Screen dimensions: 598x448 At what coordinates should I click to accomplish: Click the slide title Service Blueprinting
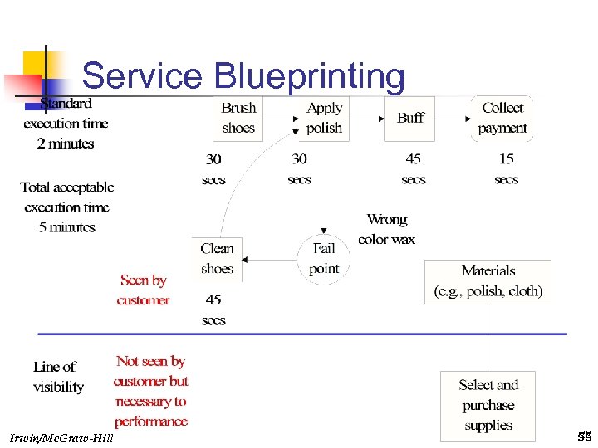243,76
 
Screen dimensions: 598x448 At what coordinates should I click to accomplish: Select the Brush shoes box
238,118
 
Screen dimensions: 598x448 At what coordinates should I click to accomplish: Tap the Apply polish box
324,118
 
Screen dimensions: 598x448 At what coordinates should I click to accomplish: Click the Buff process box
410,118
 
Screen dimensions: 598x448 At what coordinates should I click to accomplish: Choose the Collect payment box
502,118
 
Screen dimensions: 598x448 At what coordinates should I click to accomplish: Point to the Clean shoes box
217,258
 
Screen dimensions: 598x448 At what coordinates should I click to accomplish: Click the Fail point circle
324,258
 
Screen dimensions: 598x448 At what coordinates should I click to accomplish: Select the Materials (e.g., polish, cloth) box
488,281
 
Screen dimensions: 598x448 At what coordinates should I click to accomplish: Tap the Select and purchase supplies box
488,405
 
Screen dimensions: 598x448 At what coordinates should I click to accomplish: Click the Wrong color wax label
386,230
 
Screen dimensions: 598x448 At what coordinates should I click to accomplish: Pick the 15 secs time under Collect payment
506,168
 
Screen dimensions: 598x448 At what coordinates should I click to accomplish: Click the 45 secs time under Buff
413,168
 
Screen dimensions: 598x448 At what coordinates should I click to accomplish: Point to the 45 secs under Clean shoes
213,309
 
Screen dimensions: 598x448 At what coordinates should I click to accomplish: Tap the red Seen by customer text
143,290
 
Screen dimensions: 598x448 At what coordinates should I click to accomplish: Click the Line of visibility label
58,377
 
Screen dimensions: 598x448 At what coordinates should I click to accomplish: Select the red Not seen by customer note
151,391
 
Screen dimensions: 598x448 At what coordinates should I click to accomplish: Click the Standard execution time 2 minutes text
66,124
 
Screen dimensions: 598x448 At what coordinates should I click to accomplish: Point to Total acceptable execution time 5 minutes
66,207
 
